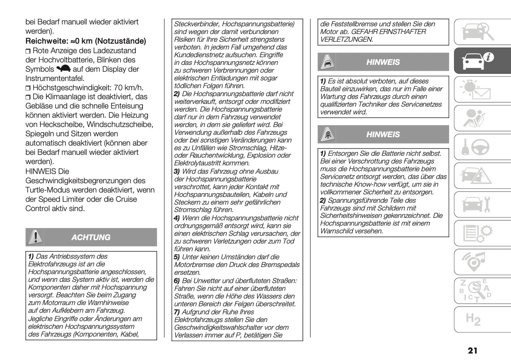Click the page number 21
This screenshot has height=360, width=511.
click(x=472, y=350)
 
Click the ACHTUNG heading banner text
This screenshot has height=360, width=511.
click(x=91, y=237)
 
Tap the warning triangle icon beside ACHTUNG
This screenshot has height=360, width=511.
click(x=35, y=237)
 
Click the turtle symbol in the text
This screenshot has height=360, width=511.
click(x=64, y=69)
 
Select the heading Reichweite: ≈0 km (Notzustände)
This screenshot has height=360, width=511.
click(x=86, y=41)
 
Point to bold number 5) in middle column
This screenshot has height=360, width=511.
click(x=177, y=257)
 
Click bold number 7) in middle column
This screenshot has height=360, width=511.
click(x=177, y=312)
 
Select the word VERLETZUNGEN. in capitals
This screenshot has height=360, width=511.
click(x=347, y=40)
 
